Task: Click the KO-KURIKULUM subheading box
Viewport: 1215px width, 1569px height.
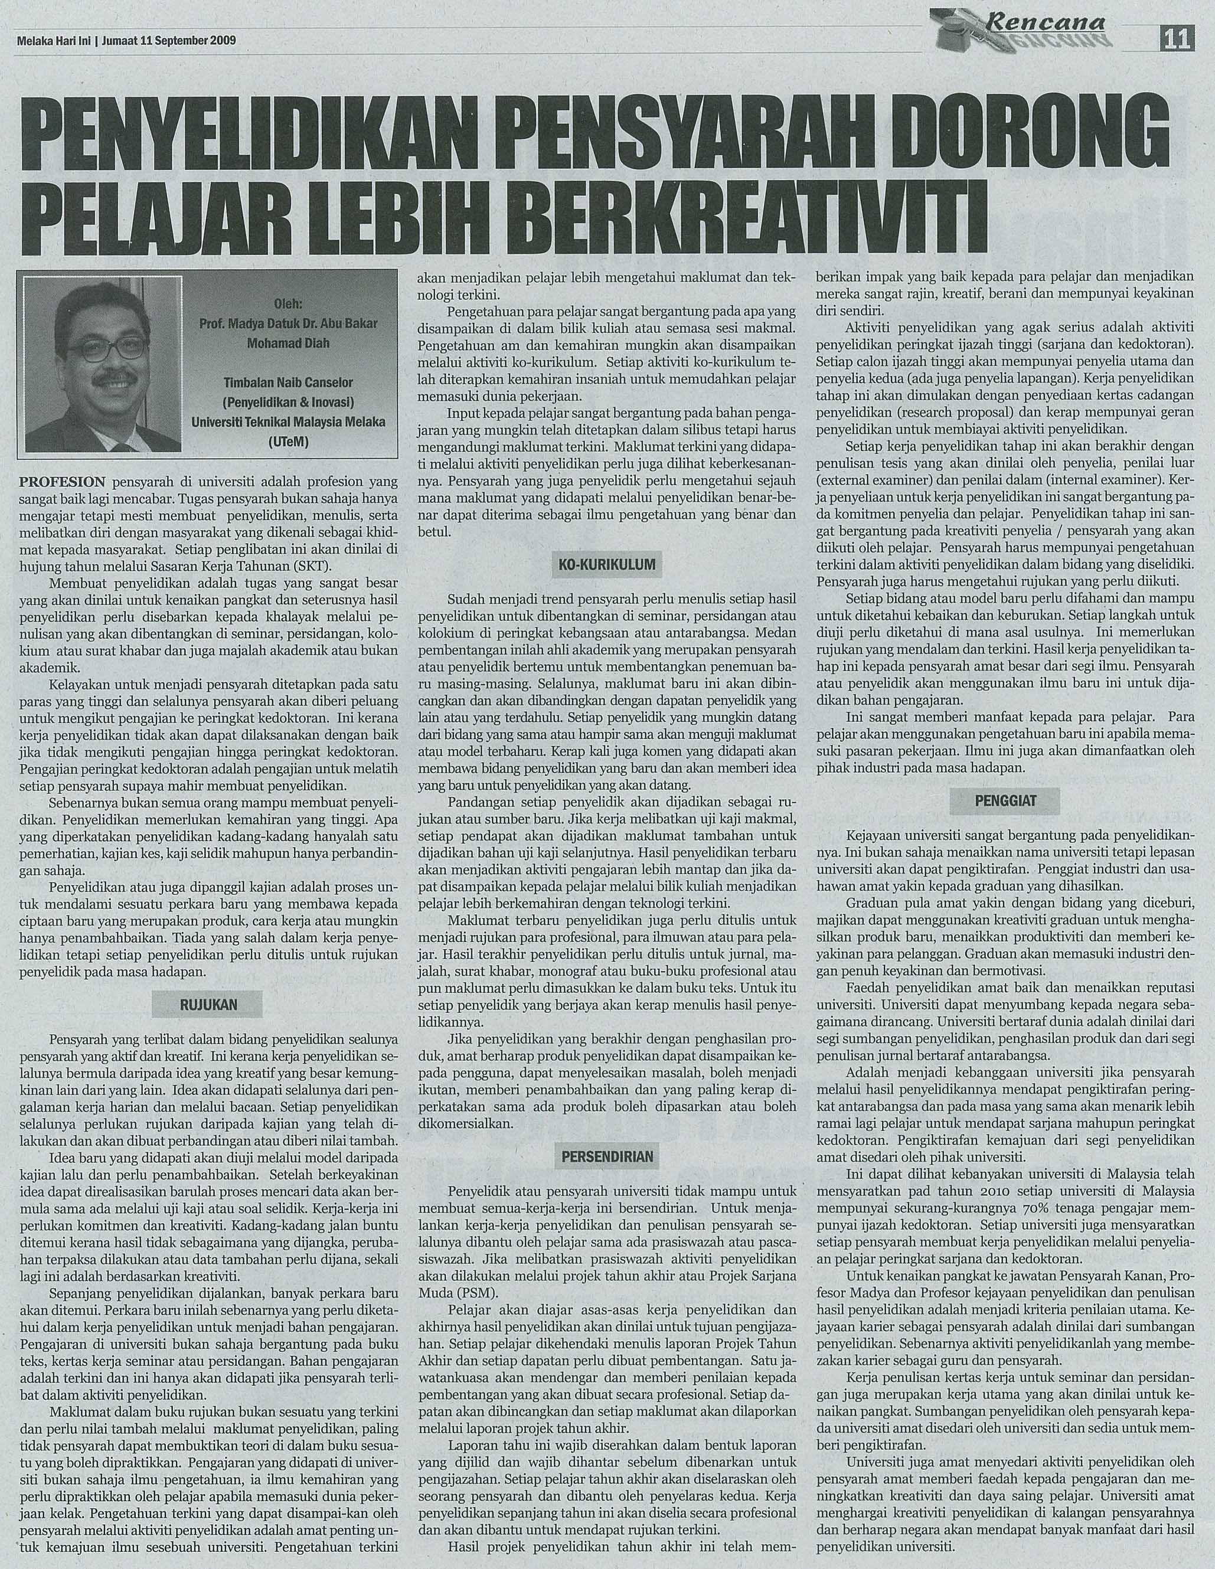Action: click(606, 566)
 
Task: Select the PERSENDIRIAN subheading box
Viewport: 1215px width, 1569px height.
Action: click(606, 1156)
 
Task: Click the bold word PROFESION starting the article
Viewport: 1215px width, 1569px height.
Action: click(63, 480)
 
